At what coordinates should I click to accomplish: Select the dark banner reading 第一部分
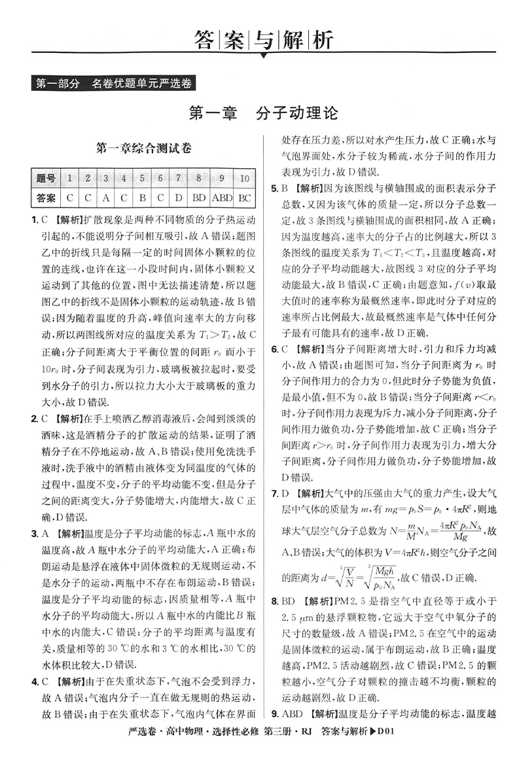coord(58,84)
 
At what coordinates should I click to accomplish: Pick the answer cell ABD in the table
coord(222,196)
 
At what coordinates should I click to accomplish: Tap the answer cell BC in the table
coord(245,196)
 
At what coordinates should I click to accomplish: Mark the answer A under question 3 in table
coord(105,196)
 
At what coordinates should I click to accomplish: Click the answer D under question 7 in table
coord(178,196)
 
